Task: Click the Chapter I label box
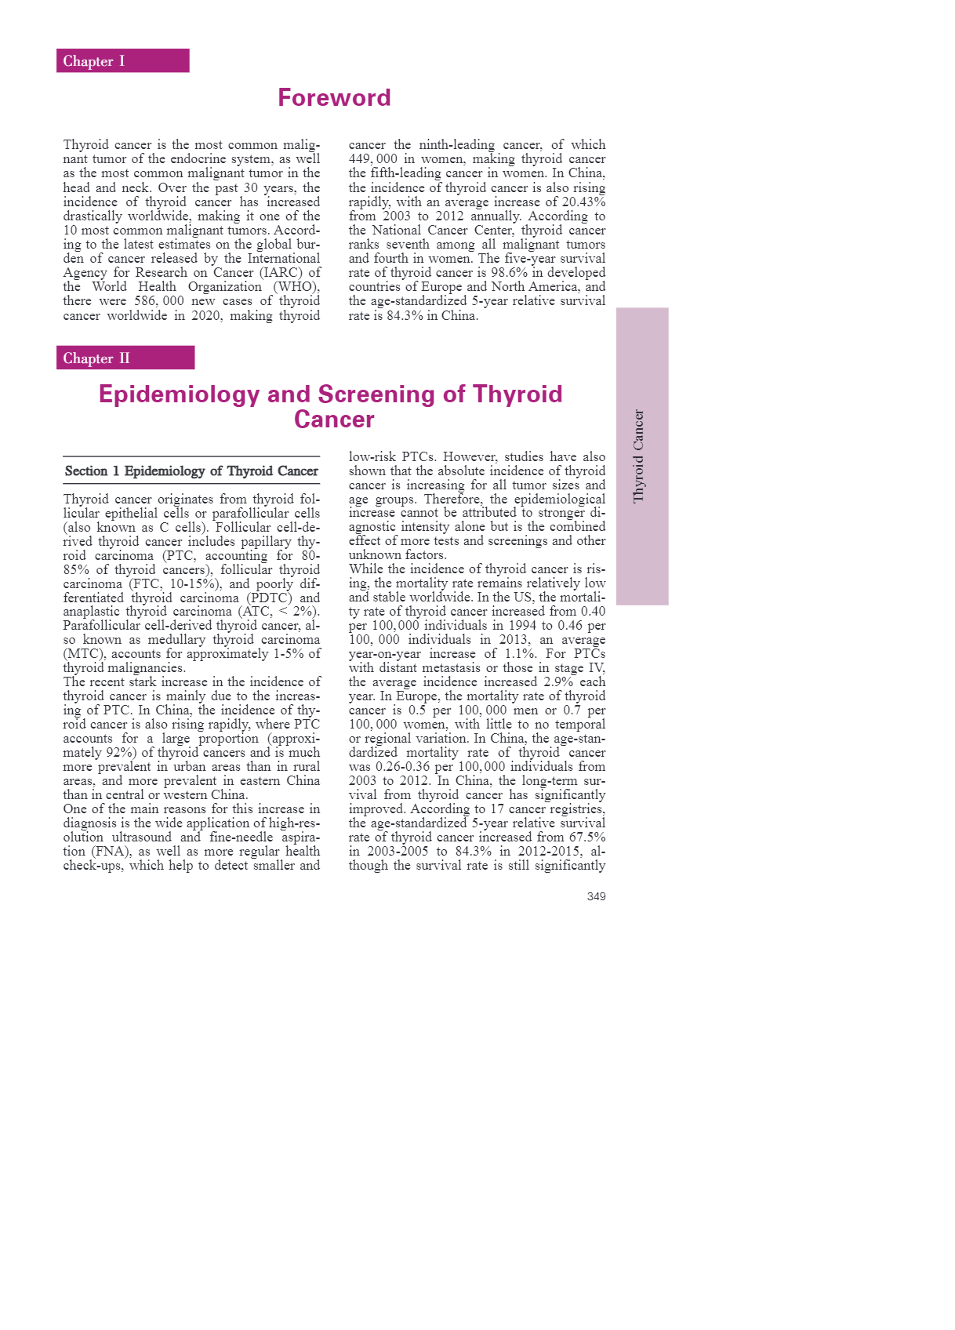click(122, 61)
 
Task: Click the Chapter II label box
click(125, 358)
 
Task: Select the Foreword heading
click(334, 98)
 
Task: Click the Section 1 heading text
click(191, 471)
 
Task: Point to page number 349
click(596, 896)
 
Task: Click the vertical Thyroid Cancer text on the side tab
click(639, 456)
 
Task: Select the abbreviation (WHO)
click(296, 287)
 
